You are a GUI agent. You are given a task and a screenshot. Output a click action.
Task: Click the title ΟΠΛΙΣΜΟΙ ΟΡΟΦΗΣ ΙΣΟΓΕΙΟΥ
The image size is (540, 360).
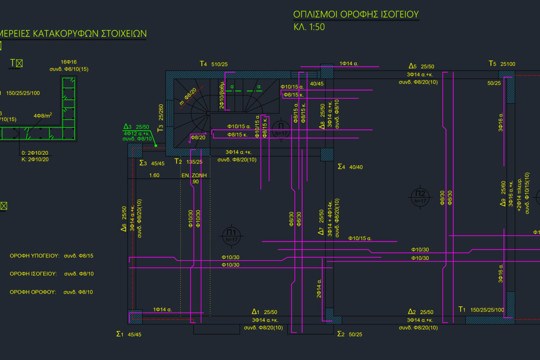click(356, 15)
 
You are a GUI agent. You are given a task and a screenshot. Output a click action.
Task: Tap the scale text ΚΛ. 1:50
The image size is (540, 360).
click(309, 27)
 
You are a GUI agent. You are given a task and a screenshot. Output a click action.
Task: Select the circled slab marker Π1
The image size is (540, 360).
click(232, 235)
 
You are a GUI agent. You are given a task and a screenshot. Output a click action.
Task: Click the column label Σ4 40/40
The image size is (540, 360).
click(350, 167)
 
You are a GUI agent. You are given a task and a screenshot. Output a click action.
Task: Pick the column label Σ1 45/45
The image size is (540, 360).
click(129, 334)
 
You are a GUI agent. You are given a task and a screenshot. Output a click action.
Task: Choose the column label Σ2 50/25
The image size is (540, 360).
click(349, 334)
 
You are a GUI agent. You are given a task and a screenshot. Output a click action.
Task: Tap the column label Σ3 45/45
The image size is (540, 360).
click(152, 163)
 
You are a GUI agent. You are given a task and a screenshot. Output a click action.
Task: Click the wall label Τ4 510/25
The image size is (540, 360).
click(214, 64)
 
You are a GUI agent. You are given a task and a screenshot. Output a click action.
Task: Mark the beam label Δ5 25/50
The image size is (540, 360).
click(421, 66)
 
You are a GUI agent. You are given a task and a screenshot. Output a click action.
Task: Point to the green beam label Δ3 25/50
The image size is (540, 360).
click(136, 127)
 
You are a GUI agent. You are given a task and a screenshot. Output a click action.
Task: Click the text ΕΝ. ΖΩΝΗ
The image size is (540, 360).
click(194, 175)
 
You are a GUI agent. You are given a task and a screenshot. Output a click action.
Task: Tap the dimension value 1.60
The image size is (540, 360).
click(154, 175)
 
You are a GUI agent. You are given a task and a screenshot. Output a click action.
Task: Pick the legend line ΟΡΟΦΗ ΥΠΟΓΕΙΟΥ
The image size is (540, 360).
click(34, 256)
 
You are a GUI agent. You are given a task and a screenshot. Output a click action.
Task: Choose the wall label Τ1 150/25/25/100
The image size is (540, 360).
click(481, 310)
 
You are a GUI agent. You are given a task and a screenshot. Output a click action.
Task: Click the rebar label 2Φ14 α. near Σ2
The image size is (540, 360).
click(319, 288)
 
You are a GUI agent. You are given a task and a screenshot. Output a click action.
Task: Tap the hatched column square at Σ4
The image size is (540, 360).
click(327, 154)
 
